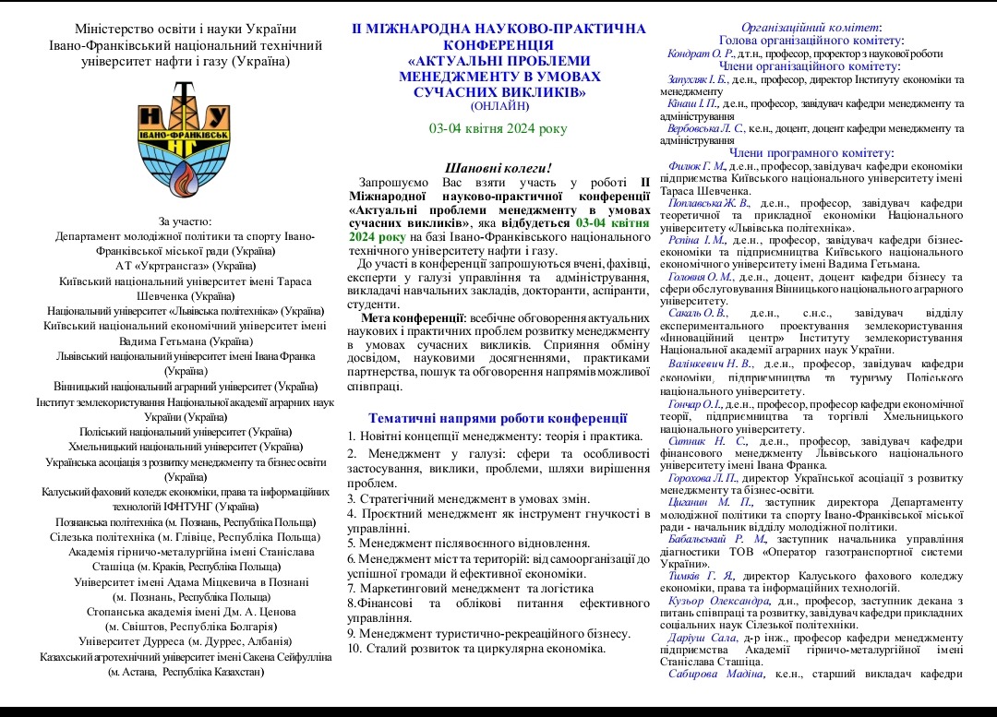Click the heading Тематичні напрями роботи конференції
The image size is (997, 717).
pos(498,418)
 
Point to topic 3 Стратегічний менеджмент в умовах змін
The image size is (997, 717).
pos(469,498)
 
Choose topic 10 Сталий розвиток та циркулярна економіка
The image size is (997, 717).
pos(476,648)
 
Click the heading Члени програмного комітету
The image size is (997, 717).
pos(811,153)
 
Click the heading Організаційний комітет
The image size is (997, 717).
pos(811,28)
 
